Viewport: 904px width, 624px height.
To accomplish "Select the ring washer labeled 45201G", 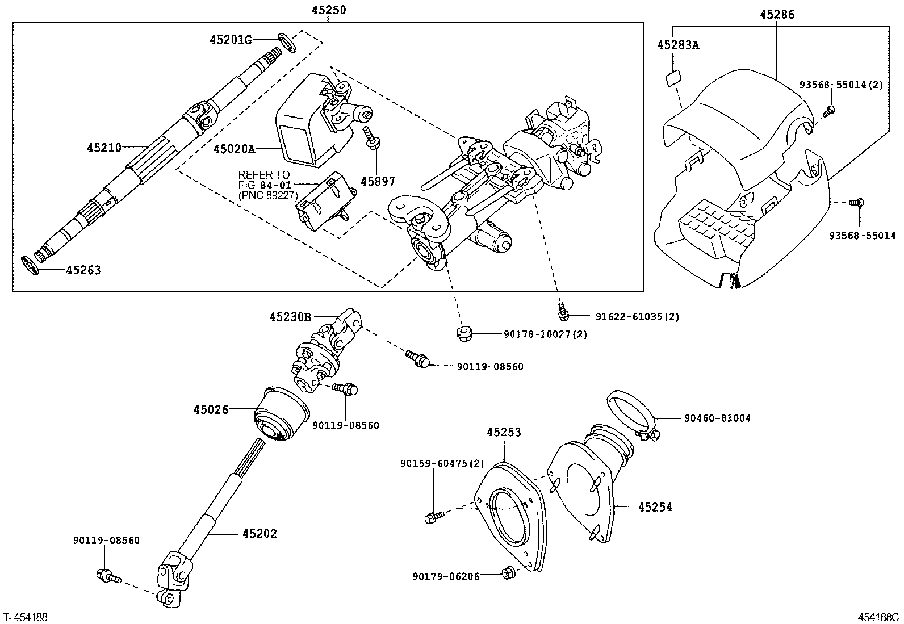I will coord(287,42).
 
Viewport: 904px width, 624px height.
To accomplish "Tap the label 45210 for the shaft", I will coord(104,148).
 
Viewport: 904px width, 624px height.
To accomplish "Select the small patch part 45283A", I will coord(673,77).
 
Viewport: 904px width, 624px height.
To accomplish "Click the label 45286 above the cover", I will coord(777,15).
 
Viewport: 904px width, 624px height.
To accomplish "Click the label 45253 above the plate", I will coord(503,432).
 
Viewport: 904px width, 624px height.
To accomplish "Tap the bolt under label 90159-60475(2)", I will coord(433,517).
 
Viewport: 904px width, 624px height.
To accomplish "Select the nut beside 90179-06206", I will coord(508,573).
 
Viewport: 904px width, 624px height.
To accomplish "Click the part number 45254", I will coord(655,506).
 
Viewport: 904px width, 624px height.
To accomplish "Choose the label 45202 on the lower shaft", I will coord(260,533).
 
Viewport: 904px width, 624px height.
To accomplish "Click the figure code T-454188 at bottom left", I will coord(26,617).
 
